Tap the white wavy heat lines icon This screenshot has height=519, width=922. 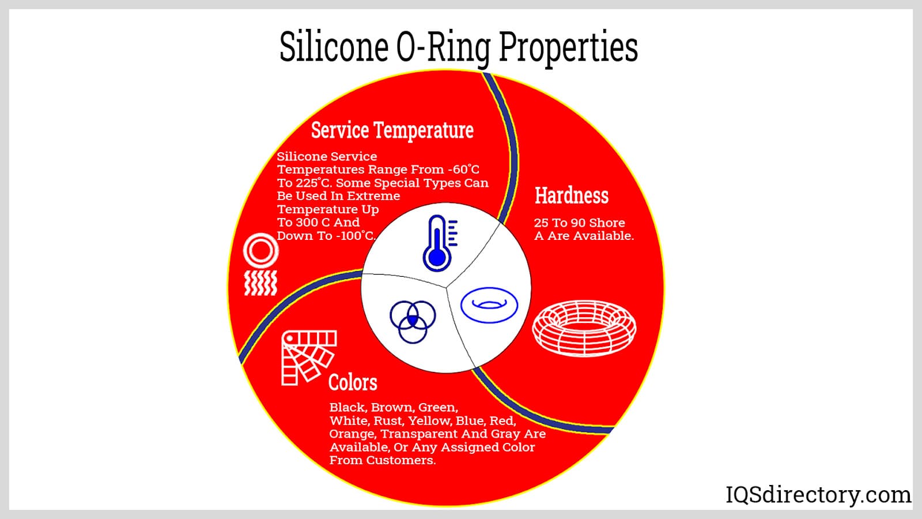coord(260,283)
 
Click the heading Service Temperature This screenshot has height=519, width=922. coord(392,130)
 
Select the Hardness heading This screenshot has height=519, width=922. coord(571,195)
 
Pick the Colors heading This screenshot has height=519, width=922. coord(353,383)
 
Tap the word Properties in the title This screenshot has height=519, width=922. coord(568,48)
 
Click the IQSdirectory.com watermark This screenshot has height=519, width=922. coord(818,495)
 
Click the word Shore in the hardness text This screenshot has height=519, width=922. coord(607,223)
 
